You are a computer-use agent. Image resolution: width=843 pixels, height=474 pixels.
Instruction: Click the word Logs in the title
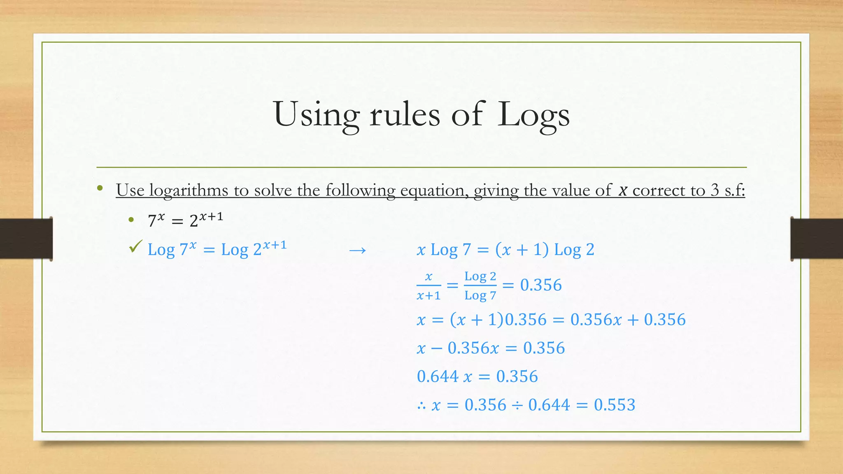tap(533, 115)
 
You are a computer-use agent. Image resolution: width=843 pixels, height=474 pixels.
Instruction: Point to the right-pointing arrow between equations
tap(357, 250)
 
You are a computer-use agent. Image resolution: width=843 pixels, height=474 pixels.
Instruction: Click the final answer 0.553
tap(615, 405)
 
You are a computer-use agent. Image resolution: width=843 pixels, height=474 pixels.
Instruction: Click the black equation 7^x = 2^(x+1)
tap(185, 220)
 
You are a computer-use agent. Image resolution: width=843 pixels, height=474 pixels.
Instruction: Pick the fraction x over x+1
tap(428, 286)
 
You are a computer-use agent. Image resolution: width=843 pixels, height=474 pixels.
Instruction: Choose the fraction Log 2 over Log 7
tap(480, 286)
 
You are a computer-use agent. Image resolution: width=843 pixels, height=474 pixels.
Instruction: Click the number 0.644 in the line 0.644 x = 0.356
tap(438, 376)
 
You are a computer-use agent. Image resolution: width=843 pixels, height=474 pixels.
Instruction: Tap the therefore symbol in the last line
tap(421, 406)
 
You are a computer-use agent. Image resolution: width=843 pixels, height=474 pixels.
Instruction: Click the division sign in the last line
tap(517, 405)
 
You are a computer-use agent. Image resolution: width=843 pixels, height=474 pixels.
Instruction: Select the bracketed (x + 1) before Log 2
tap(522, 250)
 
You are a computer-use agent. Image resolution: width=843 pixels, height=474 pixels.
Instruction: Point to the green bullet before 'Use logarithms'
tap(100, 189)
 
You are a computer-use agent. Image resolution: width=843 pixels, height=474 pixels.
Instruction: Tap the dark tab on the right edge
tap(817, 239)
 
